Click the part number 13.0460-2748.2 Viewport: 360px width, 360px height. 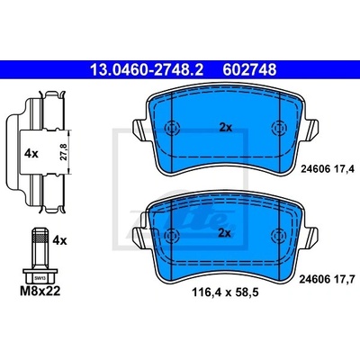147,70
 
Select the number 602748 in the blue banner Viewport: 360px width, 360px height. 249,70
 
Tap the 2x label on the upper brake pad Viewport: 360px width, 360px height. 225,128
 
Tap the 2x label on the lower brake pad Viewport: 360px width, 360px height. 225,233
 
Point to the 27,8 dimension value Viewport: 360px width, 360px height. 63,152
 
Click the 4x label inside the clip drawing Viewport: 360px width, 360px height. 31,154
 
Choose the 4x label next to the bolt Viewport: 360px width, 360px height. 59,240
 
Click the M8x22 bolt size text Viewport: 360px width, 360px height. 40,291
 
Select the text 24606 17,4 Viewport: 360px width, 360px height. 328,169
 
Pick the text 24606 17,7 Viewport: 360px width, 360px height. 328,279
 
